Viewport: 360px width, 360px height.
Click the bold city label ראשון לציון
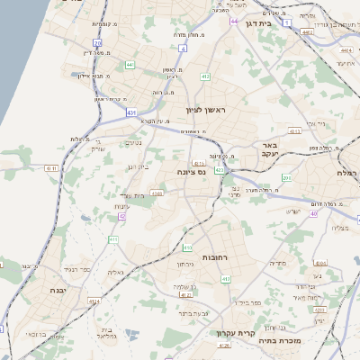209,110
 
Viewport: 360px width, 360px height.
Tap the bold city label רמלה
348,172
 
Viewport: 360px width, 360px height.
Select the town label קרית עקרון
229,334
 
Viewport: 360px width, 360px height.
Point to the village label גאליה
114,273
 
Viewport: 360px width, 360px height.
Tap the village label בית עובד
131,194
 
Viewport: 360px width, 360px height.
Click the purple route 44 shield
234,21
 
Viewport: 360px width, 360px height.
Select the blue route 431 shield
132,112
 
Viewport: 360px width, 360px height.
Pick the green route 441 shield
130,65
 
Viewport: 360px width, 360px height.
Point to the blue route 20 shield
183,48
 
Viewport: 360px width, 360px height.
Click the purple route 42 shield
121,216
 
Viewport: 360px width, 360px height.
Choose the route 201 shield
286,178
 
